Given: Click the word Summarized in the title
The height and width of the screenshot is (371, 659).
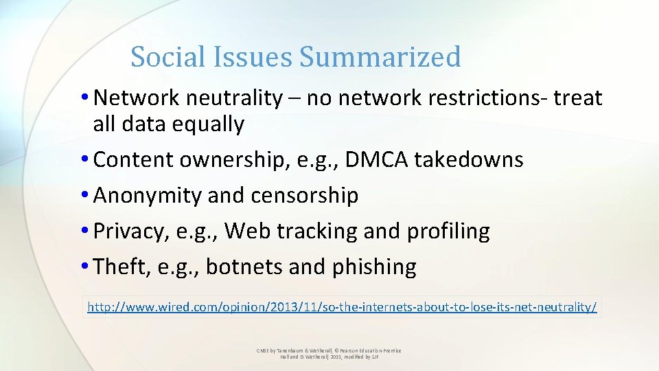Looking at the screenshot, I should point(380,57).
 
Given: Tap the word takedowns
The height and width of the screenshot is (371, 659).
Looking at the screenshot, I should point(470,160).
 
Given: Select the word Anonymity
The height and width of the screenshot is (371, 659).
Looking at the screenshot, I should point(148,196).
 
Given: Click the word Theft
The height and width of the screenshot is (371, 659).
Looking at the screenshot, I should point(120,267).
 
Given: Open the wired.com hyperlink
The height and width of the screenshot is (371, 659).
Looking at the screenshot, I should point(342,307).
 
